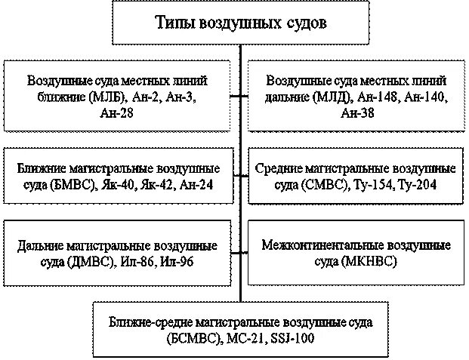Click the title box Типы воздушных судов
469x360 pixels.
(x=241, y=22)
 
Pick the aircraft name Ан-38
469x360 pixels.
(x=357, y=113)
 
